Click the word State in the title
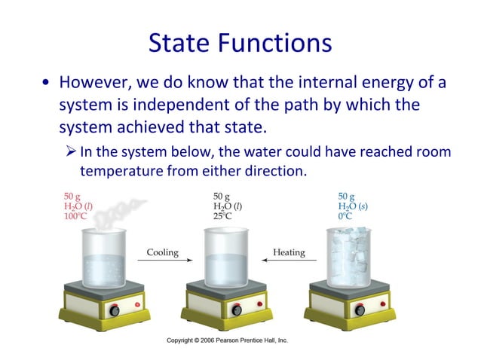tap(182, 43)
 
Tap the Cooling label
tap(162, 252)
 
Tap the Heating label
tap(289, 252)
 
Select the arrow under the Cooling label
tap(162, 261)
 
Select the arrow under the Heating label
tap(289, 261)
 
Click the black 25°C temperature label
tap(223, 216)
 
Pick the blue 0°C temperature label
tap(346, 216)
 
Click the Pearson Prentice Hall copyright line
tap(227, 340)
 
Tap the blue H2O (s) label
tap(354, 206)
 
